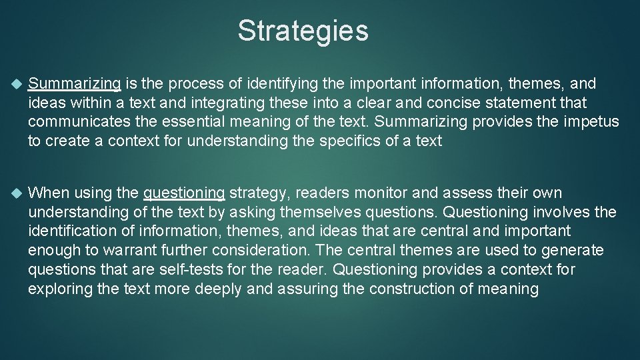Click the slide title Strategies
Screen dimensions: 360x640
click(303, 31)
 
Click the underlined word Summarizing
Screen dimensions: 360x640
click(75, 84)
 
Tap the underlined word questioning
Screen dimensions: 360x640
click(184, 193)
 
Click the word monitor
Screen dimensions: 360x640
click(378, 193)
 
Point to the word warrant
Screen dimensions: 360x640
click(115, 251)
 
